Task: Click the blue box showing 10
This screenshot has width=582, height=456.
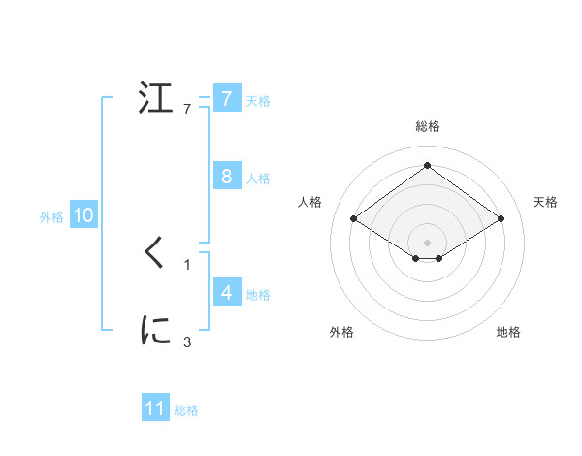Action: [82, 216]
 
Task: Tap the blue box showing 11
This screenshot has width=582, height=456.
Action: [155, 408]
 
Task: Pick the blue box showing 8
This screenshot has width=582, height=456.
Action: [226, 177]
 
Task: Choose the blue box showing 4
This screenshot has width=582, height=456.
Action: [226, 292]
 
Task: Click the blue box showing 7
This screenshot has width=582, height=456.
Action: [226, 98]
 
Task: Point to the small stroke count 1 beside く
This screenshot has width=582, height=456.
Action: [187, 264]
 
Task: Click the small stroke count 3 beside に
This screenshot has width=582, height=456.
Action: [187, 342]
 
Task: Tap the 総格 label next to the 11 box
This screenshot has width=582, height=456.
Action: [186, 410]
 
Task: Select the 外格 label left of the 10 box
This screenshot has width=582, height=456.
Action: [51, 217]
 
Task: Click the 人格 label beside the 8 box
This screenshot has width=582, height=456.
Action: [258, 179]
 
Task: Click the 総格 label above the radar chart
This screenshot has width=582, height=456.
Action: [428, 126]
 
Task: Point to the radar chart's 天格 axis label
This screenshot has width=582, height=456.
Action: [545, 202]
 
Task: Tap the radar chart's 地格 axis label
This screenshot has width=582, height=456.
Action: [508, 332]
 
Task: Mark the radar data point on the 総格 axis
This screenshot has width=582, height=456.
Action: [427, 166]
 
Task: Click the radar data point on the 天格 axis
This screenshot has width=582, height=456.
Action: [501, 219]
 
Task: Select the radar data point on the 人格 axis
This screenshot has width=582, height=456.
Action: [354, 219]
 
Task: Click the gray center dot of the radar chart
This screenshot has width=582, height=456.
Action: [427, 243]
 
